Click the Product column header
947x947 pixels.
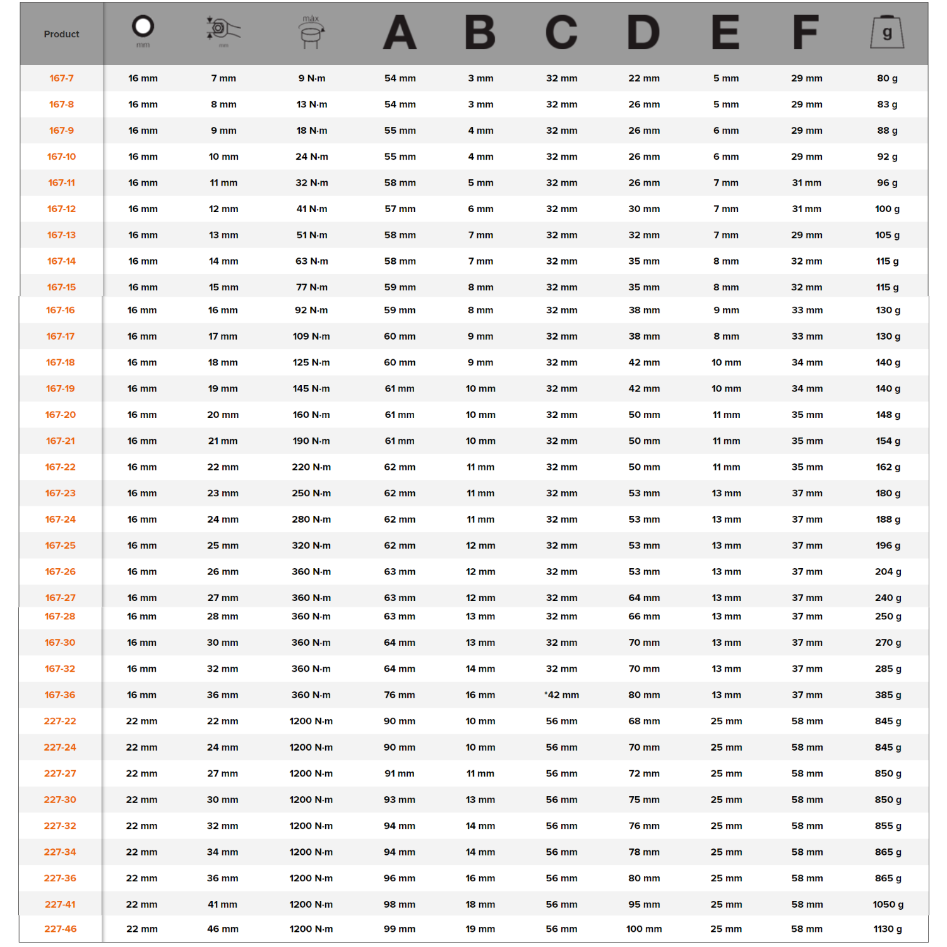pyautogui.click(x=61, y=34)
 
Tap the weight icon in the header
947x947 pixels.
pyautogui.click(x=887, y=32)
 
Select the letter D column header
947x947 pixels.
pyautogui.click(x=643, y=32)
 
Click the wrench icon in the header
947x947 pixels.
pyautogui.click(x=223, y=30)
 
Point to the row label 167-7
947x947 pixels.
pyautogui.click(x=61, y=78)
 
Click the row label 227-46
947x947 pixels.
pyautogui.click(x=60, y=929)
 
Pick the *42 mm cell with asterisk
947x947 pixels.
pyautogui.click(x=561, y=694)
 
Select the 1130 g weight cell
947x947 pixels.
pyautogui.click(x=888, y=929)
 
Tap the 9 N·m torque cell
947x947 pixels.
pyautogui.click(x=311, y=78)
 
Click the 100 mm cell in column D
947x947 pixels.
pyautogui.click(x=643, y=929)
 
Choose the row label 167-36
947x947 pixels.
pyautogui.click(x=60, y=694)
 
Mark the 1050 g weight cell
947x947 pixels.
pyautogui.click(x=888, y=904)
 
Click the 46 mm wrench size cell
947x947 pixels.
pyautogui.click(x=222, y=929)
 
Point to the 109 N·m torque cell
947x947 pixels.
pyautogui.click(x=311, y=337)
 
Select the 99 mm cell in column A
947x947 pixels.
pyautogui.click(x=399, y=929)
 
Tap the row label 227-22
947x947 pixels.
pyautogui.click(x=60, y=721)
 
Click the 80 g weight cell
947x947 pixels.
pyautogui.click(x=887, y=78)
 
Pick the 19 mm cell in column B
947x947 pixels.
pyautogui.click(x=480, y=929)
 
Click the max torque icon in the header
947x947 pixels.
pyautogui.click(x=311, y=32)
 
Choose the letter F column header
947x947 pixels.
pyautogui.click(x=806, y=32)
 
